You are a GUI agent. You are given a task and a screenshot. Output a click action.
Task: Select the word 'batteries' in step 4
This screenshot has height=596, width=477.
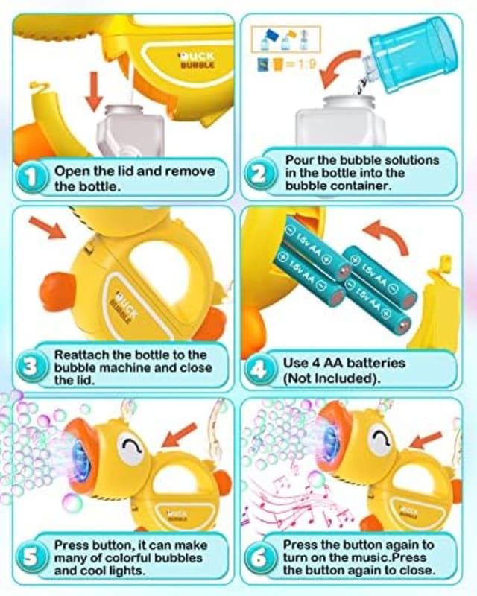[371, 364]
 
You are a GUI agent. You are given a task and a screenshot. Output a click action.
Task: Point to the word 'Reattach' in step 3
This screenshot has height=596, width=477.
[80, 355]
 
